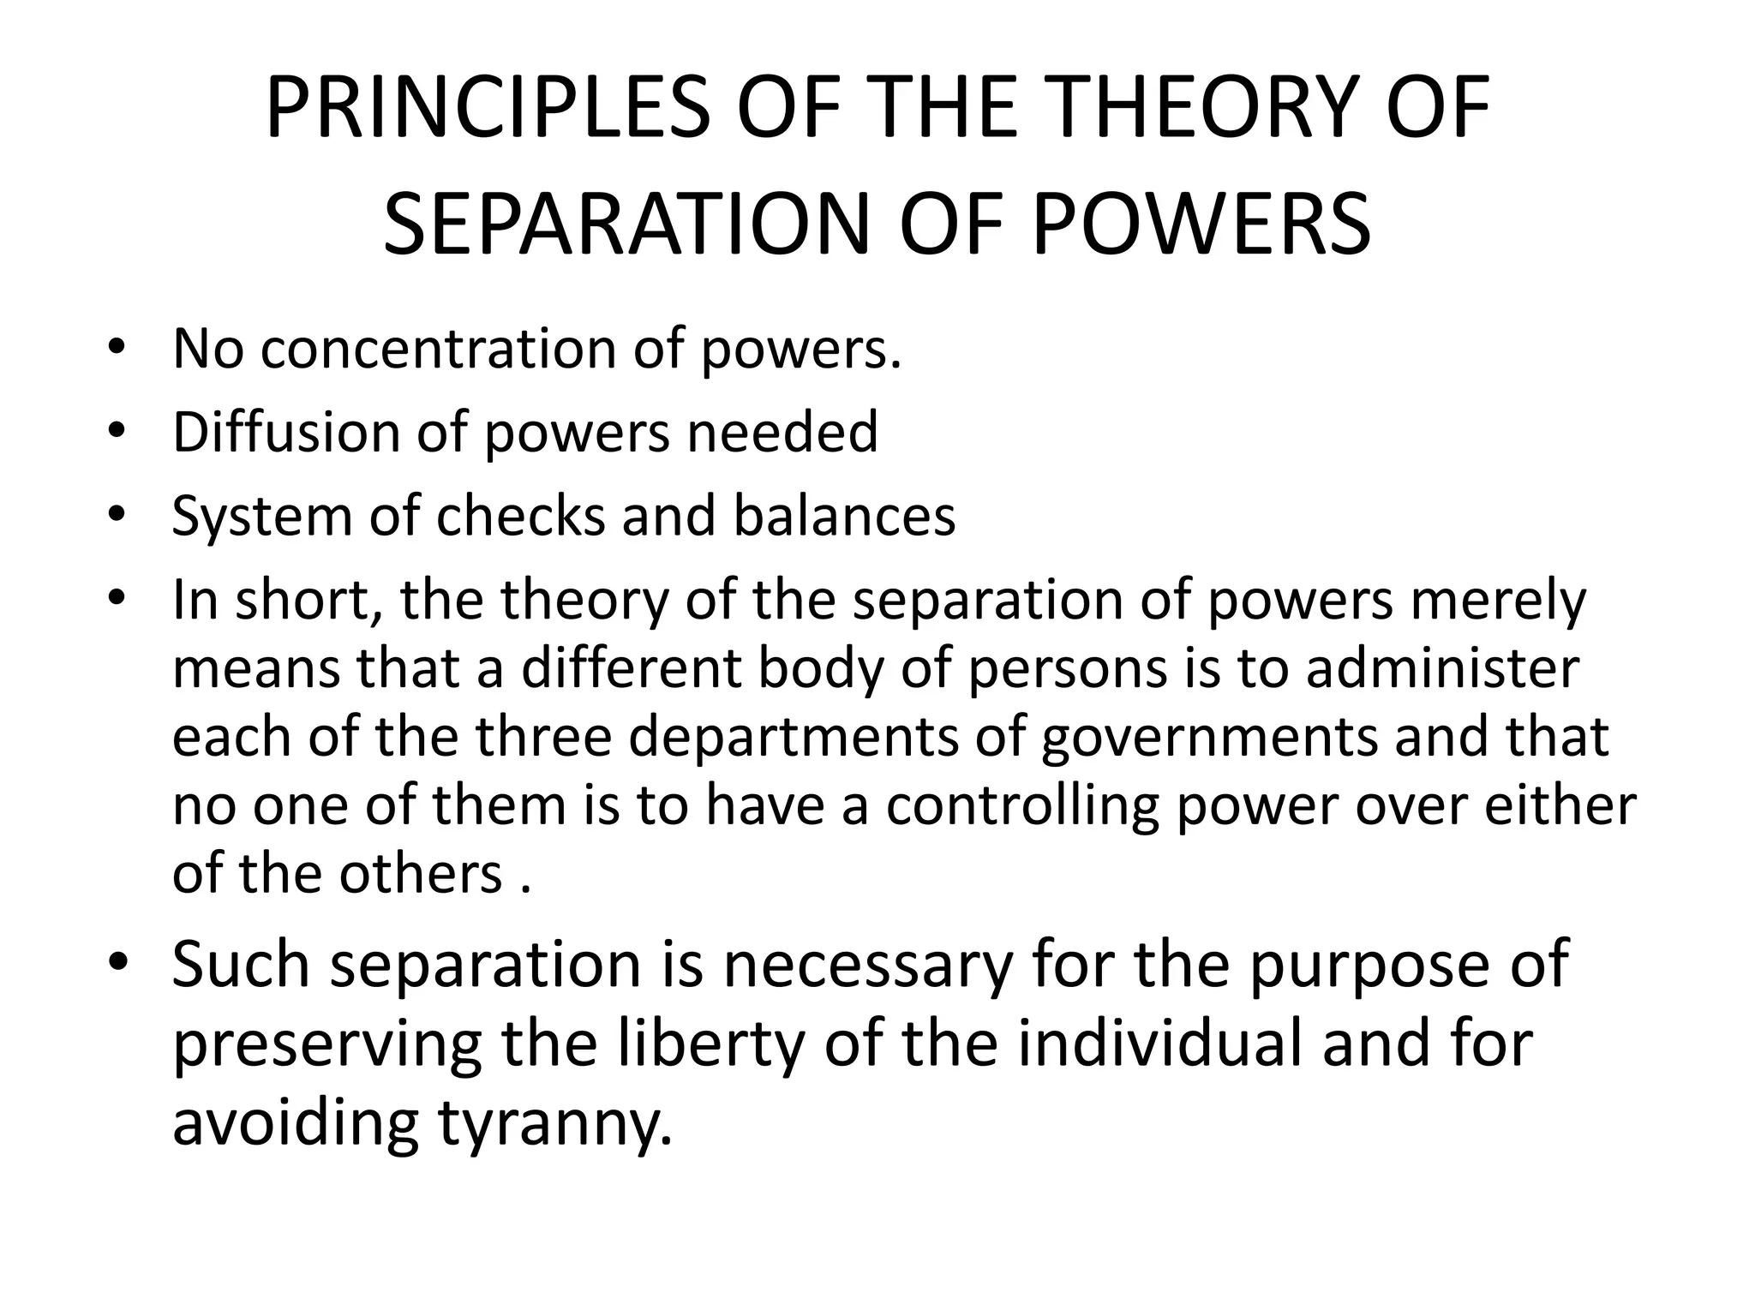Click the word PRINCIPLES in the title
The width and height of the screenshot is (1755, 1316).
(x=487, y=110)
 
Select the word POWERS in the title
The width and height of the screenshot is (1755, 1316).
(x=1201, y=224)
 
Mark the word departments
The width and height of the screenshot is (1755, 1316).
(x=794, y=739)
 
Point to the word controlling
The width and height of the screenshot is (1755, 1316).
(x=1022, y=806)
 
